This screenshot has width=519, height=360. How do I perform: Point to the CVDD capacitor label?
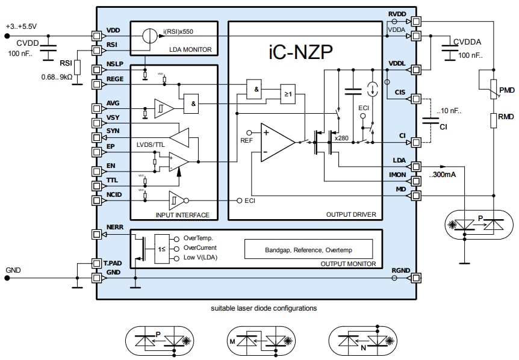[x=28, y=43]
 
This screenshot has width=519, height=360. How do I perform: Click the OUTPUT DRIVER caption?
[x=351, y=214]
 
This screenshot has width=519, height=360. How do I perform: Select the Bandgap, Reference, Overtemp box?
[x=308, y=249]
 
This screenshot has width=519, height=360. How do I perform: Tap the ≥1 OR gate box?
[x=288, y=93]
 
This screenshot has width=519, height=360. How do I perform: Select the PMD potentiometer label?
[x=506, y=91]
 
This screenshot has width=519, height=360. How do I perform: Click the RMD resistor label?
[x=506, y=118]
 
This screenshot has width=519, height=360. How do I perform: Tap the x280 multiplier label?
[x=341, y=138]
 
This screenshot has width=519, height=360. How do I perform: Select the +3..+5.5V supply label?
[x=21, y=26]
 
